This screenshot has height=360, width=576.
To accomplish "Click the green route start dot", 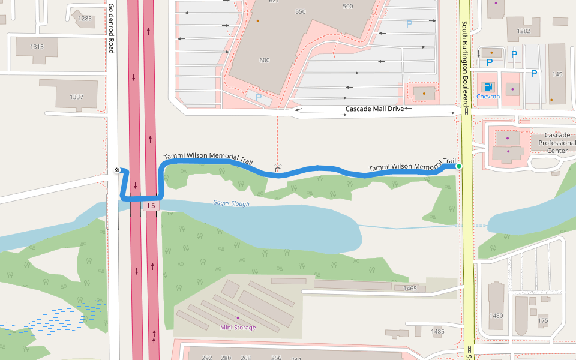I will point(459,166).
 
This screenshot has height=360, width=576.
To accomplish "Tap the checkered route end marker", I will point(119,170).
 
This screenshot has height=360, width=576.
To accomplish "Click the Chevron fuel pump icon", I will point(488,88).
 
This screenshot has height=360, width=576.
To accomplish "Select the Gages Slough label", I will point(231,203).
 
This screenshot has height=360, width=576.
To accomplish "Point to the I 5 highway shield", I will point(150,206).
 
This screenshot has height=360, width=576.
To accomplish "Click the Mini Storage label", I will point(238,327).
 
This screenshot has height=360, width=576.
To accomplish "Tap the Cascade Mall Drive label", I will point(374,109).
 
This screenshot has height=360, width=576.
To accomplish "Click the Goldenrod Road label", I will point(111,28).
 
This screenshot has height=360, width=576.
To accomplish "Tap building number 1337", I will point(76,97).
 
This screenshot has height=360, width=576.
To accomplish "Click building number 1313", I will point(37,47).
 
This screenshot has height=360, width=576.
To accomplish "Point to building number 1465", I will point(410,289).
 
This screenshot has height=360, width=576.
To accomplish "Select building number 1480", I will point(496,316).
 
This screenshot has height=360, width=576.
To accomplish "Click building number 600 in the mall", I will point(265,60).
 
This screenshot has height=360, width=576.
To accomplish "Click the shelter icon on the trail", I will point(277,169).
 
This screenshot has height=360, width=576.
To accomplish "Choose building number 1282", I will point(523,31).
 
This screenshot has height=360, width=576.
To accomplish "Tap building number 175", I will point(543,321).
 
